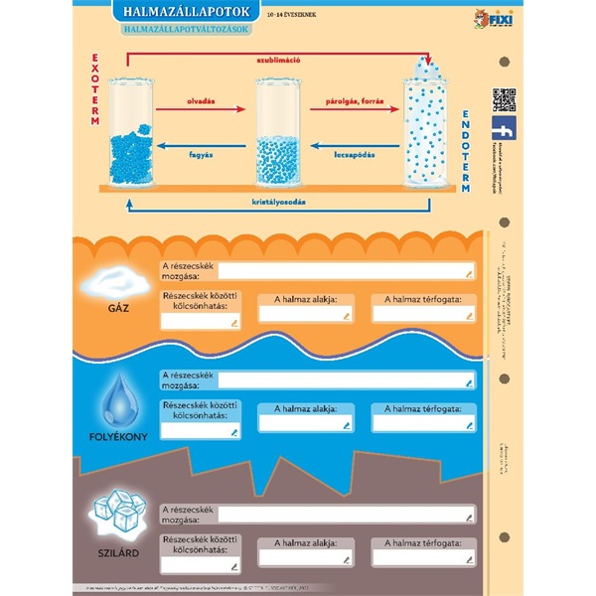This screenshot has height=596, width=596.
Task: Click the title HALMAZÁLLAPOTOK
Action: click(x=187, y=12)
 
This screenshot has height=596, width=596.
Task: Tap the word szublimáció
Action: click(x=278, y=60)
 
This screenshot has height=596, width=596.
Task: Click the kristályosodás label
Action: click(x=278, y=203)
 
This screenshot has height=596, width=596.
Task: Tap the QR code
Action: click(x=504, y=100)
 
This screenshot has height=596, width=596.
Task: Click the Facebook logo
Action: click(x=504, y=129)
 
